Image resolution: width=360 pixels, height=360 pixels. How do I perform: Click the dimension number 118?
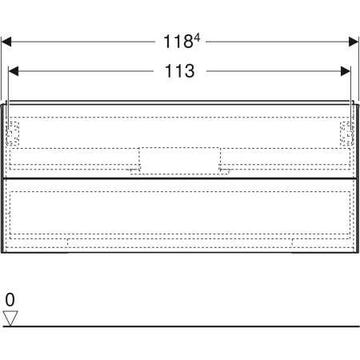[x=176, y=40]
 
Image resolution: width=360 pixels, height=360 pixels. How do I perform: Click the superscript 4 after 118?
[x=195, y=36]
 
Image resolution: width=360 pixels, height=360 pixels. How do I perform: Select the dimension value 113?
[x=180, y=71]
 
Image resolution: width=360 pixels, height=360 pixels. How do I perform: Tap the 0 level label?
[x=10, y=300]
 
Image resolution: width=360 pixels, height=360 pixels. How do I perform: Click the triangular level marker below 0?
[x=10, y=318]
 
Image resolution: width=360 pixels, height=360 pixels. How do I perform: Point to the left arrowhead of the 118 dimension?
[x=6, y=40]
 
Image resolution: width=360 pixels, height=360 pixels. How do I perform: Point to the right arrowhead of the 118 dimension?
[x=354, y=40]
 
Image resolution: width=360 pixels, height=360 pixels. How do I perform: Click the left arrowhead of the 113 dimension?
[x=13, y=71]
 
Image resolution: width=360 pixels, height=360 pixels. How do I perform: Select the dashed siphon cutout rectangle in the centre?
[x=179, y=159]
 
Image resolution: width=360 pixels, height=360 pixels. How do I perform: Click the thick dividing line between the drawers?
[x=180, y=178]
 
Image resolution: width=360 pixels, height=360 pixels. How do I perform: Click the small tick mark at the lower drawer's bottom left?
[x=69, y=240]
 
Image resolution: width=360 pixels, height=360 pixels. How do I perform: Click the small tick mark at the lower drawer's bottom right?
[x=292, y=240]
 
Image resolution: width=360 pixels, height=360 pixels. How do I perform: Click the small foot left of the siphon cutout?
[x=132, y=170]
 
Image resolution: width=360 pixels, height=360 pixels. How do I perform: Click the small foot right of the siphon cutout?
[x=226, y=170]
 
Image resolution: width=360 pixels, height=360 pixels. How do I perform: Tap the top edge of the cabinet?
[x=180, y=102]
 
